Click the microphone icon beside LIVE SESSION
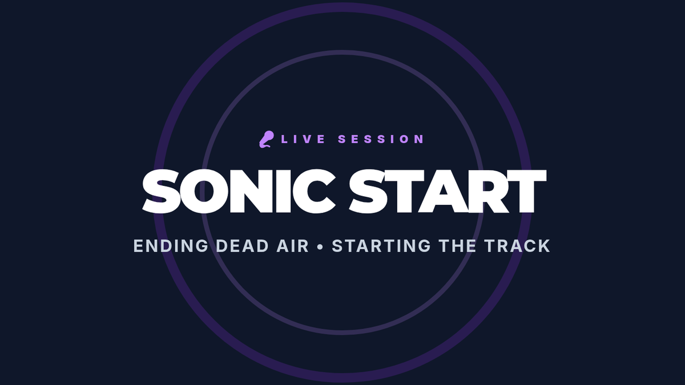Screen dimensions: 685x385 267,139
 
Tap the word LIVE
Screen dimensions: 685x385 303,139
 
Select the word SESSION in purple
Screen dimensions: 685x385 381,139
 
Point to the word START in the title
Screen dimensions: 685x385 448,191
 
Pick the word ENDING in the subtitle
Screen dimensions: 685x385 171,246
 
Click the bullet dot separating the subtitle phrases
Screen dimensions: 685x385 320,246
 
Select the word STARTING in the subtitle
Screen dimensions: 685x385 381,246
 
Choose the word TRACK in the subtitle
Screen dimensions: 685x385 517,246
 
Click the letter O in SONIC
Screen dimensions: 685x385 204,191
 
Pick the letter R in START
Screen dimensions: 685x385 487,191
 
